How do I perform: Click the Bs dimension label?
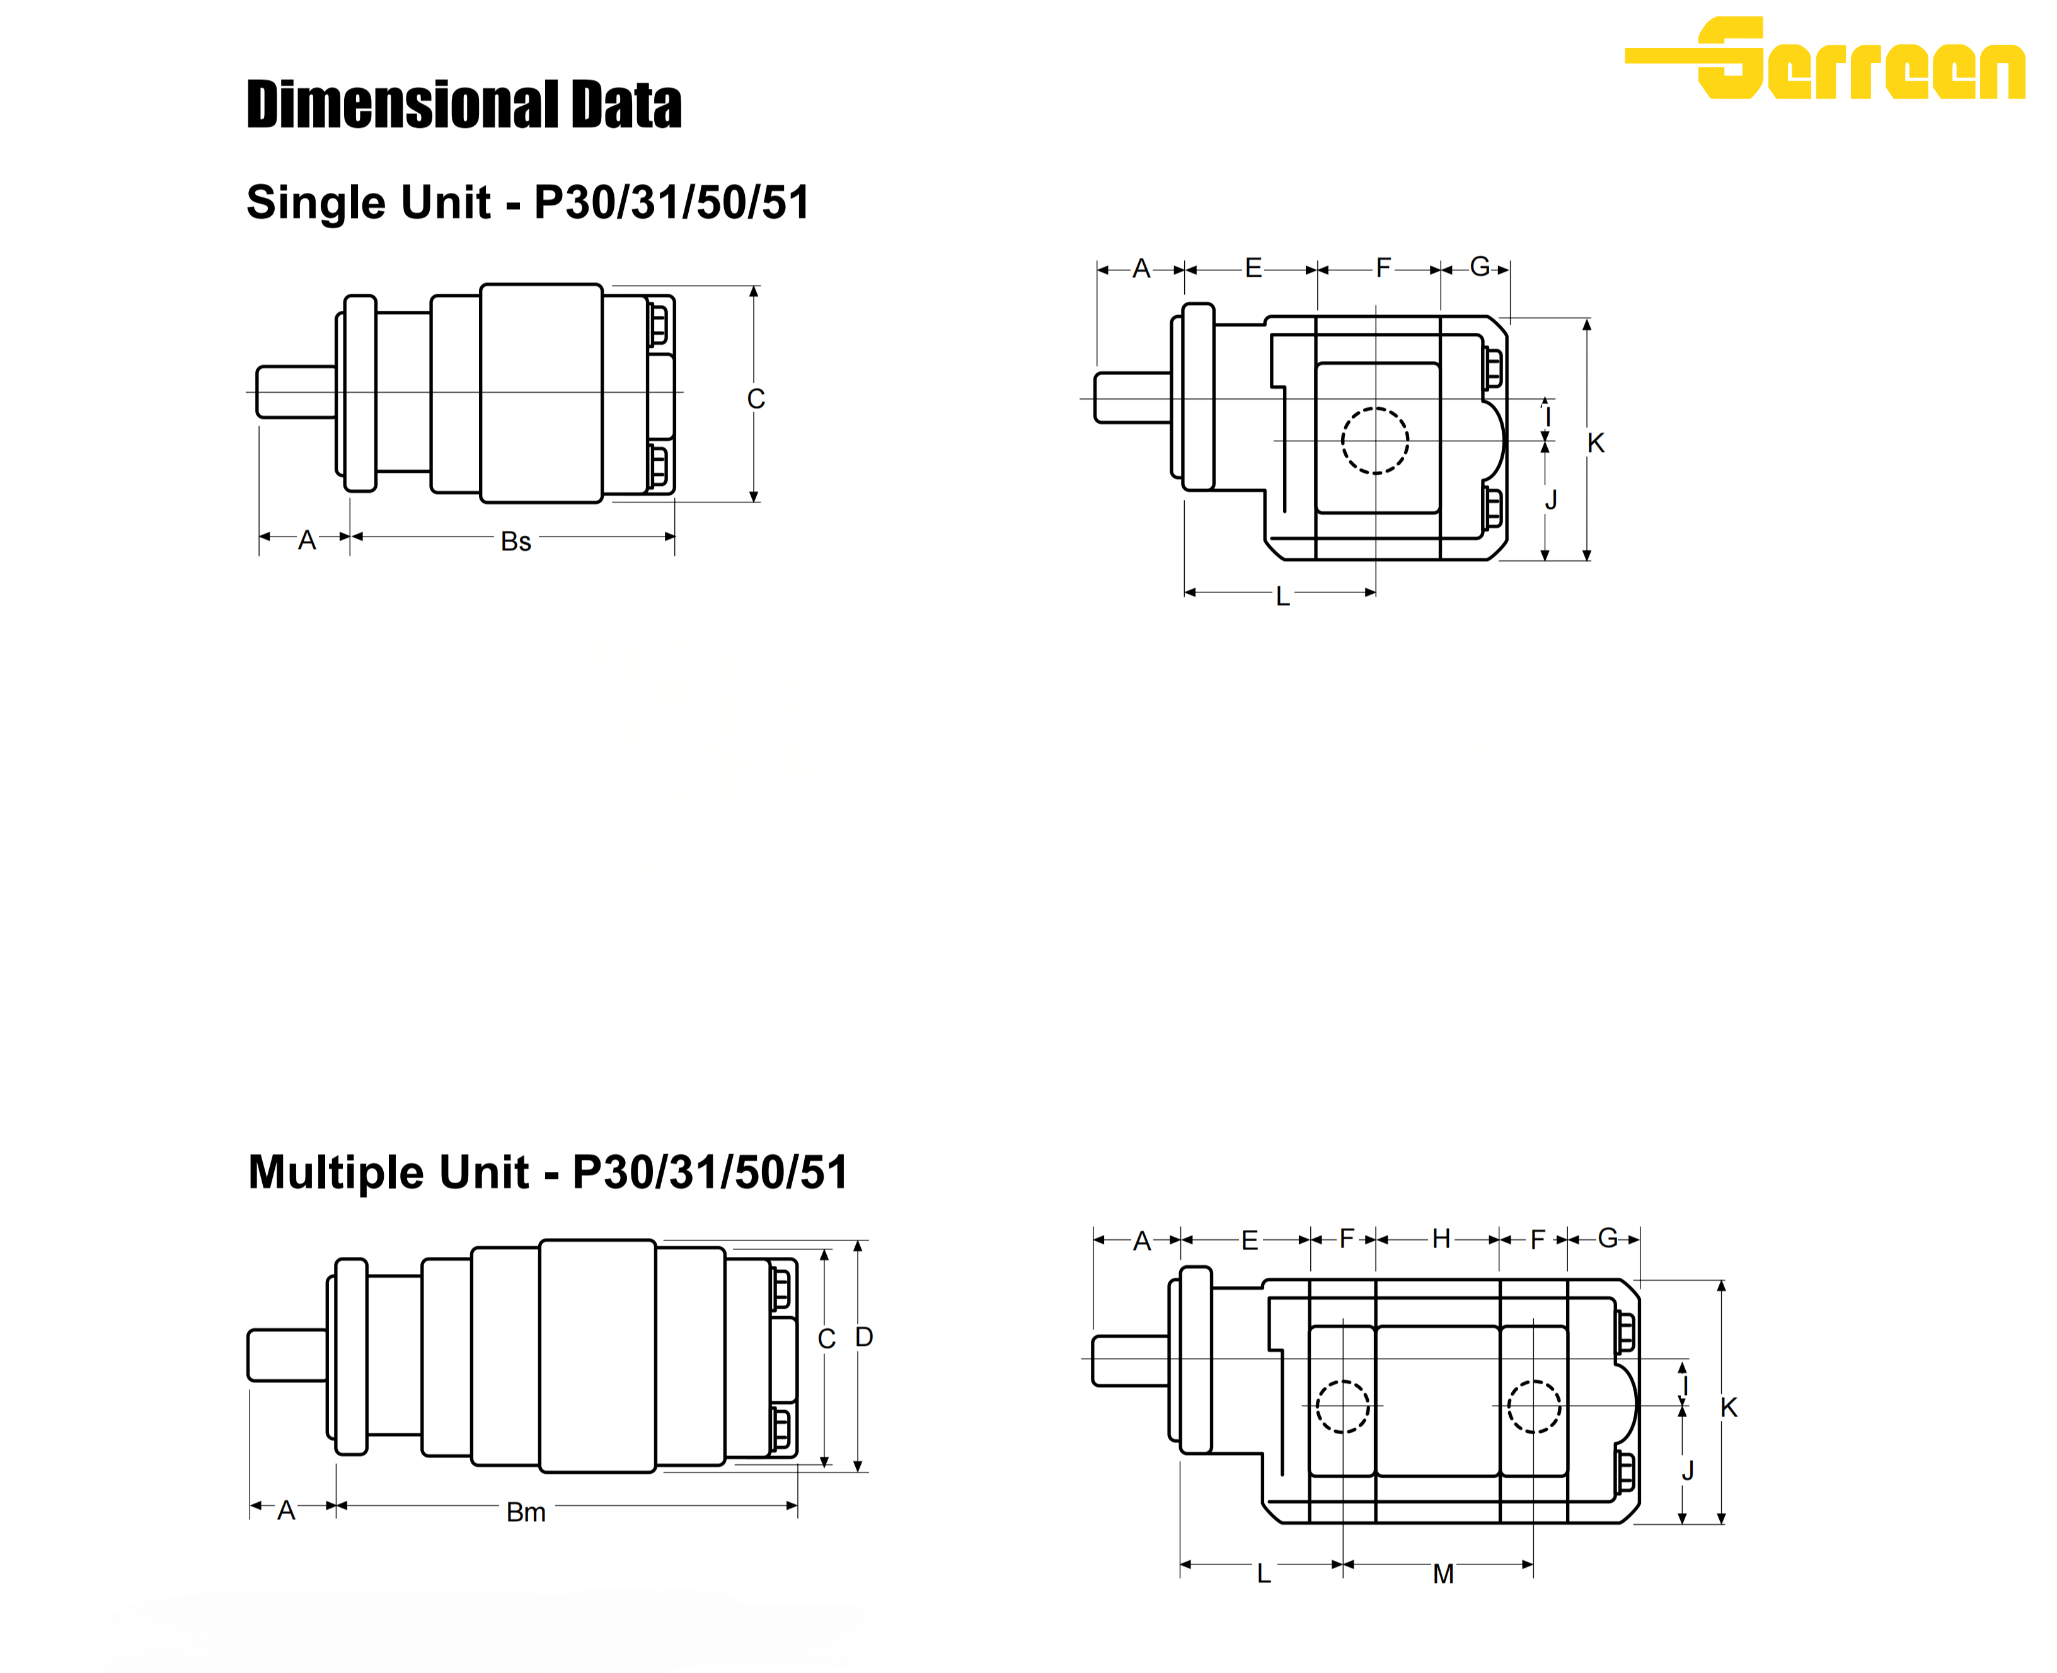click(516, 541)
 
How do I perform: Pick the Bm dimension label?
click(526, 1512)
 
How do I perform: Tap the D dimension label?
click(864, 1336)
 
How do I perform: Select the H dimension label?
click(1441, 1239)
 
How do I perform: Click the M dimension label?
click(1443, 1574)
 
